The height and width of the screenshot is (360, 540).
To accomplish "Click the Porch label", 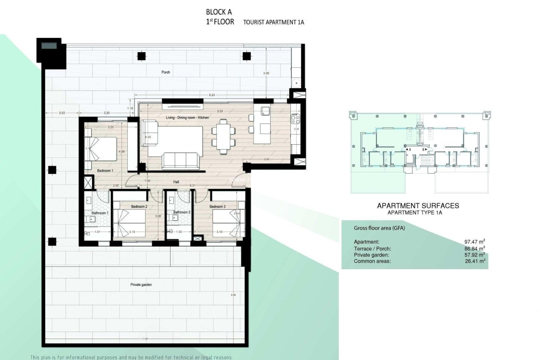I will (166, 72).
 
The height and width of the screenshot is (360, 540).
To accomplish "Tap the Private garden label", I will (141, 285).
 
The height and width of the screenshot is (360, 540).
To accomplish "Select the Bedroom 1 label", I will (105, 171).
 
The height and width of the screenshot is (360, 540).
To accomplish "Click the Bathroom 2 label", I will (182, 212).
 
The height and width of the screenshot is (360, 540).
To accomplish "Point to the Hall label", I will (176, 182).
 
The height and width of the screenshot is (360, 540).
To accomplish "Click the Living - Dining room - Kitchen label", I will (187, 118).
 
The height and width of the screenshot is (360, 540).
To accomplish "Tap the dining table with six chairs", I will (223, 136).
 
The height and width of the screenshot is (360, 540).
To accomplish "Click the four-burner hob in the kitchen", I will (295, 118).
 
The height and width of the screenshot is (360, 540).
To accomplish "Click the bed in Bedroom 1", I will (101, 149).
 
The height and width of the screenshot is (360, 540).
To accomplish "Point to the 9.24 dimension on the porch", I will (212, 95).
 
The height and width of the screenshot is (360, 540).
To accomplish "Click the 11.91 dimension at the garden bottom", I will (145, 339).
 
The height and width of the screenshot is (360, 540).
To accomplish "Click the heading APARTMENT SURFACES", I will (418, 206).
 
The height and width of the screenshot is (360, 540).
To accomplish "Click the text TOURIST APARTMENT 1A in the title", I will (273, 22).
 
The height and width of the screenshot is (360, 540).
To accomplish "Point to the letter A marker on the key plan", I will (410, 150).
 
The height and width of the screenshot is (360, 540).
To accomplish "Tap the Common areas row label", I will (372, 261).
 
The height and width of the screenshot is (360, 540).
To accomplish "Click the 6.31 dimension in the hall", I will (192, 186).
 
